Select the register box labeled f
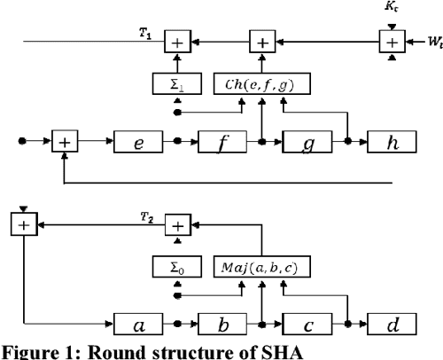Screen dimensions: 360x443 (226, 141)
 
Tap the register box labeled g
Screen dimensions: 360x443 (310, 141)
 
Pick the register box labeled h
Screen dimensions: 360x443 (395, 141)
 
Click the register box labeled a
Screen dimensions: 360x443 (141, 322)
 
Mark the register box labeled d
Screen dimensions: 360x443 (395, 322)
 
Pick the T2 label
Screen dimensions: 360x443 (144, 216)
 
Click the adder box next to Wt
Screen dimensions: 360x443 (390, 41)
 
